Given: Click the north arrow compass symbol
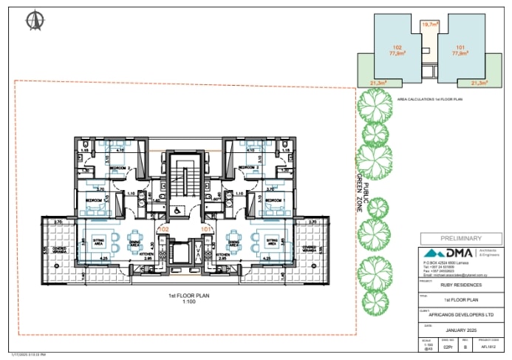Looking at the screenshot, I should [32, 21].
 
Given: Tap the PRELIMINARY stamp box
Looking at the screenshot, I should [460, 238].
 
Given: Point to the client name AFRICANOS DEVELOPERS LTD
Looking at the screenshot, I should [460, 314].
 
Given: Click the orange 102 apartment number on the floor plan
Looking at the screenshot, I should [164, 230].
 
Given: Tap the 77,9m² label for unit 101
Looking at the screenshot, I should [461, 53].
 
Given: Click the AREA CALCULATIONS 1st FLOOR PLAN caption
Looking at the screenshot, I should [430, 98].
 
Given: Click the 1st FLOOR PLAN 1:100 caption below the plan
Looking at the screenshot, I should [186, 299].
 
